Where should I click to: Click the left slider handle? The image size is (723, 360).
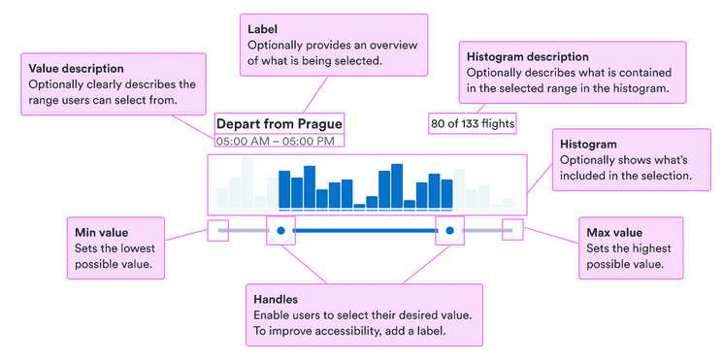point(280,231)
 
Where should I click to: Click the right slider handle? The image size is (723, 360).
point(449,231)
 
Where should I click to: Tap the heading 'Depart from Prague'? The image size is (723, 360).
point(279,124)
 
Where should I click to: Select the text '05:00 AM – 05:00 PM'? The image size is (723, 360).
point(275,141)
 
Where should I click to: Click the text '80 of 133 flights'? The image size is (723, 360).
point(473,123)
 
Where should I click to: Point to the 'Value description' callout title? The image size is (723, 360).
point(76,69)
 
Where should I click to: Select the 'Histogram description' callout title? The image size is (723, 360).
point(527,57)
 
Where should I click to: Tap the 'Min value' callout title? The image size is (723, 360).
point(101,233)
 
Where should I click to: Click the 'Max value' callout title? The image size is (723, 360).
point(614,233)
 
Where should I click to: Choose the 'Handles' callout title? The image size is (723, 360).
point(276,300)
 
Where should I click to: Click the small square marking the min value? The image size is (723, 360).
point(217,231)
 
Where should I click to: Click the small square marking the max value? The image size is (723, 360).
point(511,231)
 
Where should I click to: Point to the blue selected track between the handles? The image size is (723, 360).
point(365,231)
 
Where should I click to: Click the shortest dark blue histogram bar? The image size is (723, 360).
point(359,205)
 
